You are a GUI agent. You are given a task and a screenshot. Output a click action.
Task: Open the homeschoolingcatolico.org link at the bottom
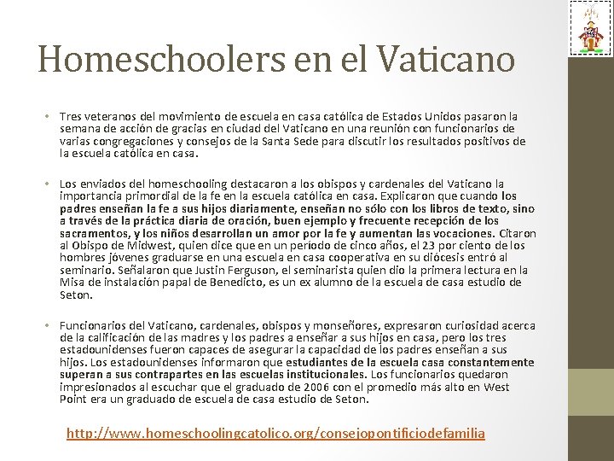(x=275, y=434)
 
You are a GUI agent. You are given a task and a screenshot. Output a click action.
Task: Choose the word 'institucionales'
(x=324, y=375)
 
